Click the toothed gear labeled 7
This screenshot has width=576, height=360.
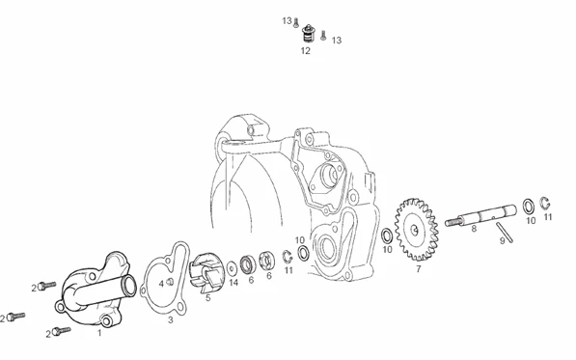click(417, 230)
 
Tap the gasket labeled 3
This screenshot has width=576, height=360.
click(167, 279)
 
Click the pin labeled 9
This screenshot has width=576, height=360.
click(505, 233)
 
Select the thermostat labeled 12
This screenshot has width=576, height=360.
click(308, 34)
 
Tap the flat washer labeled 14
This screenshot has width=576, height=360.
click(232, 268)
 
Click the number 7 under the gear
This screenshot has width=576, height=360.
click(419, 269)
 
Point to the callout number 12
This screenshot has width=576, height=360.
click(306, 51)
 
